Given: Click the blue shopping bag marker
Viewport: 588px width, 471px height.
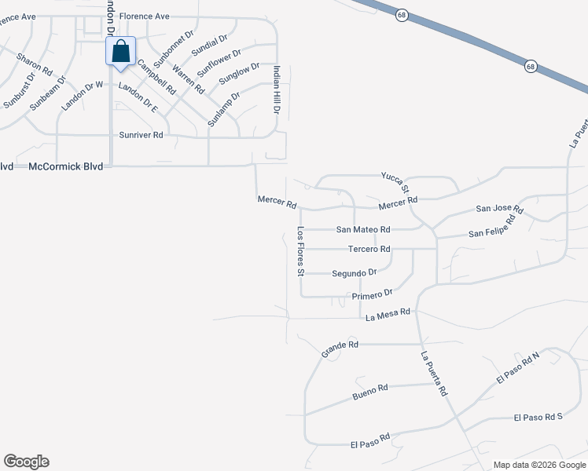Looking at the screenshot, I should click(x=121, y=53).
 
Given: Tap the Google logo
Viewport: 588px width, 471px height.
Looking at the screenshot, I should click(x=26, y=462).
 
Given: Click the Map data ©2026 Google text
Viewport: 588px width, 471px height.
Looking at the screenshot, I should click(x=540, y=465).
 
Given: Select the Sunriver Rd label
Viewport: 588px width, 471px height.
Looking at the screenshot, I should click(x=141, y=135).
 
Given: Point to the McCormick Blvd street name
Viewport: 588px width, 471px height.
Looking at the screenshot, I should click(x=66, y=166).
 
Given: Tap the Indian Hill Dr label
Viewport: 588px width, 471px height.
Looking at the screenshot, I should click(x=276, y=89).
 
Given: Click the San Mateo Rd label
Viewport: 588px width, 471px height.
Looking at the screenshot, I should click(x=363, y=229).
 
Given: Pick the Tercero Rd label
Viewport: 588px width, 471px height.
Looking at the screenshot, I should click(x=369, y=249).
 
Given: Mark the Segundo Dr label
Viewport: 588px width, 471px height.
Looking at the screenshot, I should click(x=355, y=272).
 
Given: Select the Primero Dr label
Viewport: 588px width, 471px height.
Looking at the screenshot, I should click(x=372, y=294).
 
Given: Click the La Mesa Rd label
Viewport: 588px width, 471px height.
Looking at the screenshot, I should click(x=388, y=312).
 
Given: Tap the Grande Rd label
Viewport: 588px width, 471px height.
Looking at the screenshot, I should click(x=340, y=349).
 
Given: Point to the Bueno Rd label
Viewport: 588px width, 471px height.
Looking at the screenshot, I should click(x=370, y=389).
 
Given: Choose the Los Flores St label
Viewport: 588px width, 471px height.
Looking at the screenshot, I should click(x=300, y=251).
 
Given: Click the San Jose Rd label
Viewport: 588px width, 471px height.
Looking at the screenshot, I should click(x=499, y=209).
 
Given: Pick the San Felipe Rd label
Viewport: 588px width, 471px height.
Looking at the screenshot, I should click(x=491, y=228).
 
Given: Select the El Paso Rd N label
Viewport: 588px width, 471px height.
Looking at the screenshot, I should click(x=518, y=368).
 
